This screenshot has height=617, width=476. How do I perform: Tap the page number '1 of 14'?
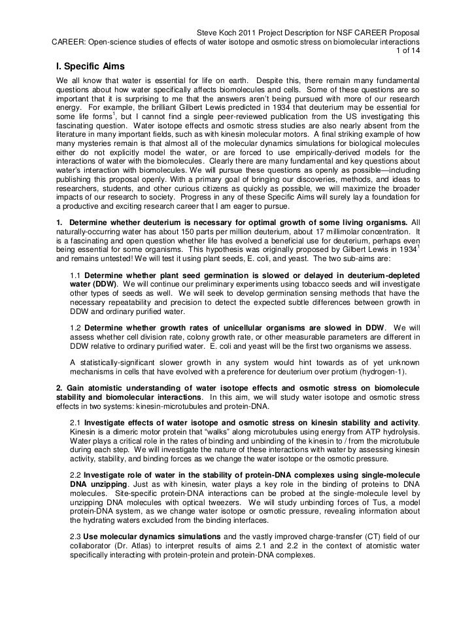406,53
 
